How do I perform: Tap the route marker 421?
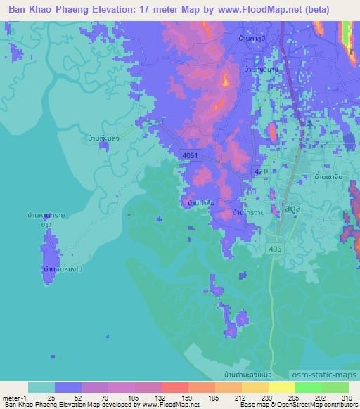[x=260, y=171]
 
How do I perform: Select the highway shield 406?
[x=274, y=249]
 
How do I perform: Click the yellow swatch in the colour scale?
[x=282, y=387]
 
